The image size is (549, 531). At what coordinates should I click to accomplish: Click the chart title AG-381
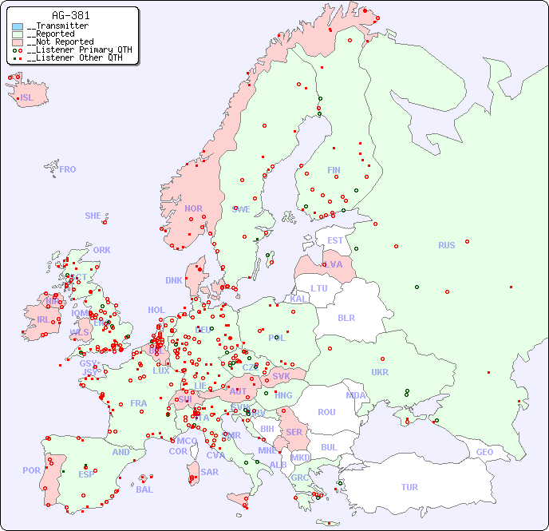pyautogui.click(x=70, y=15)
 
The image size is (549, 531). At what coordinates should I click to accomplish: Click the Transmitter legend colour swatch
pyautogui.click(x=18, y=26)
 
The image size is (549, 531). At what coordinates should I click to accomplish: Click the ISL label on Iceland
pyautogui.click(x=27, y=98)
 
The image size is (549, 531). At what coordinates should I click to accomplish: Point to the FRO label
pyautogui.click(x=68, y=169)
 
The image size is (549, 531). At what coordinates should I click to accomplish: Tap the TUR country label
pyautogui.click(x=409, y=487)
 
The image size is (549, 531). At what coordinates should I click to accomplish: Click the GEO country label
pyautogui.click(x=484, y=452)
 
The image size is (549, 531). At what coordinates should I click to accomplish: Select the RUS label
pyautogui.click(x=446, y=245)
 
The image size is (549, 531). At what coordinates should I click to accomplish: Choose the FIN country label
pyautogui.click(x=334, y=170)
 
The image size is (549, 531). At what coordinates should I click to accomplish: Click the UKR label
pyautogui.click(x=380, y=372)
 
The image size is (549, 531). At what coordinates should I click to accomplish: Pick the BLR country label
pyautogui.click(x=346, y=317)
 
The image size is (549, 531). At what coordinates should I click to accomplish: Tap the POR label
pyautogui.click(x=31, y=470)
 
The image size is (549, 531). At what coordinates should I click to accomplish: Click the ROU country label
pyautogui.click(x=326, y=412)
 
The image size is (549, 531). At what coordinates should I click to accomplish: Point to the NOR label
pyautogui.click(x=193, y=208)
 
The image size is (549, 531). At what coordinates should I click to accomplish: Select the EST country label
pyautogui.click(x=335, y=240)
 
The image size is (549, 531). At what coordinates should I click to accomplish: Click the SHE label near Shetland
pyautogui.click(x=93, y=216)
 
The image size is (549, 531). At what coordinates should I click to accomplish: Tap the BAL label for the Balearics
pyautogui.click(x=144, y=489)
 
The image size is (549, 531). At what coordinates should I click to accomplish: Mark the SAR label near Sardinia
pyautogui.click(x=210, y=471)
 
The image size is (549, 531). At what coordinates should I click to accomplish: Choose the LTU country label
pyautogui.click(x=319, y=288)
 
